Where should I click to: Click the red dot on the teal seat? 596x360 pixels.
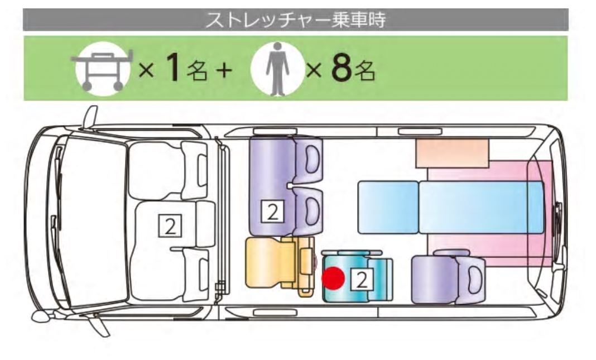coord(333,277)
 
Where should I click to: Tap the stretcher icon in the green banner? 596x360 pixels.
coord(102,69)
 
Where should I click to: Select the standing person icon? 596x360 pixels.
coord(277,69)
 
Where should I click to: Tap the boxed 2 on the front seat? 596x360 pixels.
coord(170,227)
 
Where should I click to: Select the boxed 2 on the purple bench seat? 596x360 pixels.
coord(272,212)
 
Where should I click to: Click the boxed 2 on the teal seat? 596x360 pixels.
coord(362,280)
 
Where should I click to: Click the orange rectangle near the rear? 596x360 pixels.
coord(452,153)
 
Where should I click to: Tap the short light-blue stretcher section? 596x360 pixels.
coord(388,207)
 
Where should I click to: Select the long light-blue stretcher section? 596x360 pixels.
coord(481,207)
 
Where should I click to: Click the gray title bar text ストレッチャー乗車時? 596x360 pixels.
coord(295,20)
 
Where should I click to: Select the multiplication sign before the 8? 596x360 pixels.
coord(314,70)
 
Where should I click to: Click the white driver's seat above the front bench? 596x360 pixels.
coord(169,170)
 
